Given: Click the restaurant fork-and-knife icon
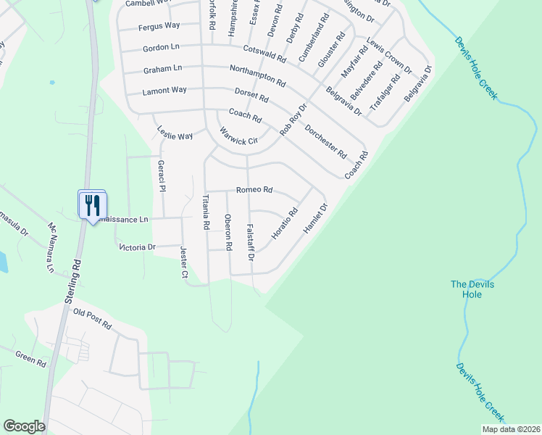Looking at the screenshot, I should pos(92,204).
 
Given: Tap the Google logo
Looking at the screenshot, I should pos(24,426).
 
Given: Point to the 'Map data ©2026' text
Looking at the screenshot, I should pos(510,429).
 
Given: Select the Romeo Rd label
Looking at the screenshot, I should pos(254,190).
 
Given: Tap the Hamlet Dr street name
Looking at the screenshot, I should pos(316,217).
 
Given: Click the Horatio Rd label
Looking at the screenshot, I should pos(285,225).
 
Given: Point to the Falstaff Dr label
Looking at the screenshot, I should pos(250,242).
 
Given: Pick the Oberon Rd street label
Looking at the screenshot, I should pos(228,233).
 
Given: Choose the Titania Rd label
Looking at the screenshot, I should pos(206,212).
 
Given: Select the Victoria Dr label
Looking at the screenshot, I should pos(137,247).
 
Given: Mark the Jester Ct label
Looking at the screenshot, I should pos(183,262).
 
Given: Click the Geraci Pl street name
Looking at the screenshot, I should pos(162,176).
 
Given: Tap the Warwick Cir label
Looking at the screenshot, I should pos(239,136).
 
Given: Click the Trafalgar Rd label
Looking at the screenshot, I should pos(385,92).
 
